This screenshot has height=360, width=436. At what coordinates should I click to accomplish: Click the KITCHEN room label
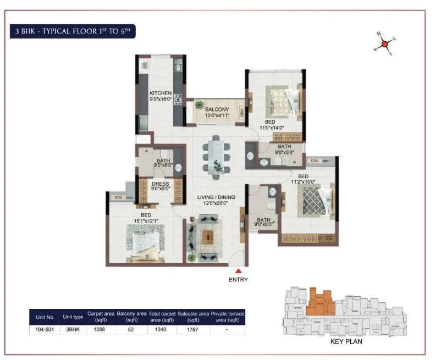pyautogui.click(x=161, y=93)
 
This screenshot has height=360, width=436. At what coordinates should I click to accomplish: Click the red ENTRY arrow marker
pyautogui.click(x=238, y=270)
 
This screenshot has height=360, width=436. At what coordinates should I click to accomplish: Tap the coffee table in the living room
pyautogui.click(x=208, y=237)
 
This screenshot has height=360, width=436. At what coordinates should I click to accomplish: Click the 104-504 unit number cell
pyautogui.click(x=45, y=330)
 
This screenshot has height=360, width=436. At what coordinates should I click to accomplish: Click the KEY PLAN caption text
pyautogui.click(x=346, y=341)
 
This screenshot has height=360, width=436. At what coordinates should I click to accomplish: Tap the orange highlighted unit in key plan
pyautogui.click(x=319, y=301)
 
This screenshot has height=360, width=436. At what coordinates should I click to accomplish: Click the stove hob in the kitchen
pyautogui.click(x=178, y=99)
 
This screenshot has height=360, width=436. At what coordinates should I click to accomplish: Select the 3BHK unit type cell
pyautogui.click(x=73, y=330)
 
